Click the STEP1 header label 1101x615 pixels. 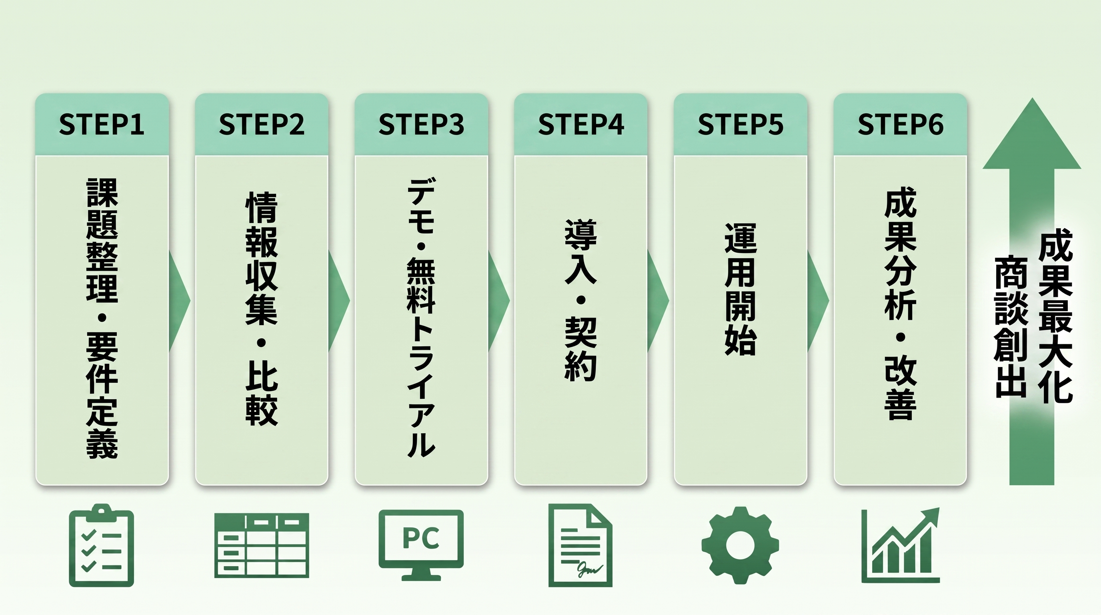[x=102, y=125]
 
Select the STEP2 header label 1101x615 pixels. [x=262, y=125]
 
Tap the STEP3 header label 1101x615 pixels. [x=421, y=125]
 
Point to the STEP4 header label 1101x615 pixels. [x=581, y=125]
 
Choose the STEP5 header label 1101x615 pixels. [x=741, y=125]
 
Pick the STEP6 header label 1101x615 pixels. [x=901, y=125]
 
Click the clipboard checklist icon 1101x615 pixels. [x=102, y=545]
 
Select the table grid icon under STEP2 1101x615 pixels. [x=262, y=546]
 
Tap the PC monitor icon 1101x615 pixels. [x=421, y=545]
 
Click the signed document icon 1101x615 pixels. [x=581, y=545]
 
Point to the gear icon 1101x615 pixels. [x=740, y=545]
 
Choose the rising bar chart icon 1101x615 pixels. [x=901, y=545]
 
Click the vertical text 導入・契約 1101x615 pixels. [x=581, y=300]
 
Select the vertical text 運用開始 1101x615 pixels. [x=741, y=289]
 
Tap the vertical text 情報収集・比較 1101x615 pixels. [x=262, y=308]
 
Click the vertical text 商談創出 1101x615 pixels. [x=1011, y=327]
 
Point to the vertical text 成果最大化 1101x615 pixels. [x=1056, y=316]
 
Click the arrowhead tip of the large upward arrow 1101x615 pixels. [x=1032, y=98]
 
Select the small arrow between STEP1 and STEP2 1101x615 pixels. [x=179, y=301]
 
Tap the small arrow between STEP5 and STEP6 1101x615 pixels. [x=818, y=301]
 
